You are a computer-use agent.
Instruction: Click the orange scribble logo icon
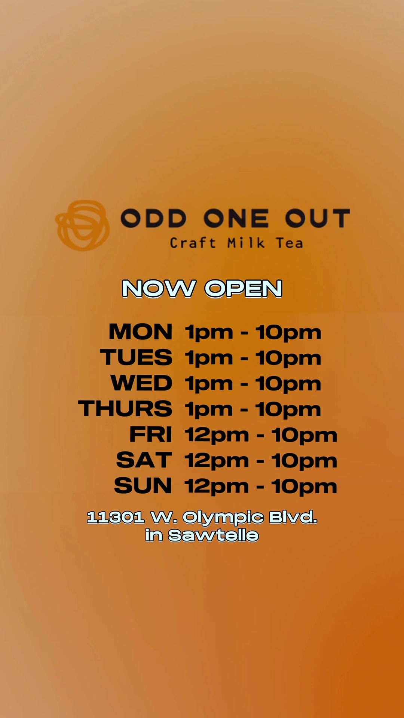[83, 225]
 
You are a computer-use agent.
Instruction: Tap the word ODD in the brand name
[153, 218]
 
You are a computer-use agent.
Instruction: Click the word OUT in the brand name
[318, 218]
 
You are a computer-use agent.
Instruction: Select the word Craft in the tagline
[193, 243]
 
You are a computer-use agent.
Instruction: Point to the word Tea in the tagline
[290, 243]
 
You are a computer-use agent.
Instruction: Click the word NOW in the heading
[159, 289]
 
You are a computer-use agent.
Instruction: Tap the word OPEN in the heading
[244, 289]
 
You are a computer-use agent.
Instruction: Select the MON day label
[141, 332]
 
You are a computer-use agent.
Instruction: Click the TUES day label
[136, 358]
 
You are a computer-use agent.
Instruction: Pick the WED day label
[141, 383]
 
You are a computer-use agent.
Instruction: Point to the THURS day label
[125, 408]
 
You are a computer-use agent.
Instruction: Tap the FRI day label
[151, 434]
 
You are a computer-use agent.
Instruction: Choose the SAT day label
[144, 460]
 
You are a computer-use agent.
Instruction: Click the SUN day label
[143, 485]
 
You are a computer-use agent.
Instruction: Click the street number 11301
[116, 518]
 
